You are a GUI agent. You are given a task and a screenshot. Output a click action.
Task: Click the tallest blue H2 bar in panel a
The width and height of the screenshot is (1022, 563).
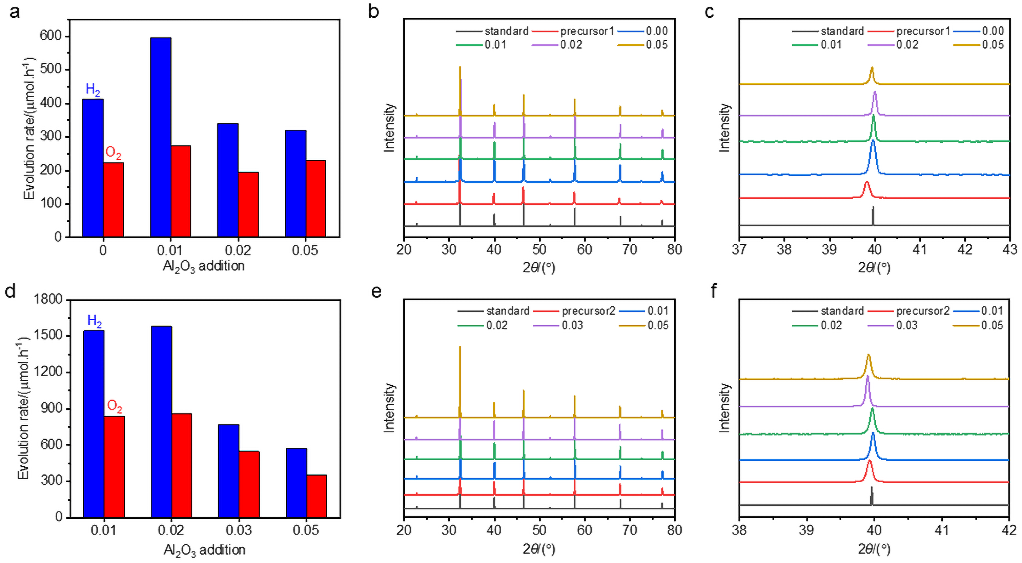pos(161,137)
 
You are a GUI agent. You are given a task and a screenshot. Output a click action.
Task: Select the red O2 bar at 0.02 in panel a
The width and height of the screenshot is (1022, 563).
pos(248,204)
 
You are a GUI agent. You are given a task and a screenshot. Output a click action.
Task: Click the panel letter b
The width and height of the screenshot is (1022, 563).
pos(373,12)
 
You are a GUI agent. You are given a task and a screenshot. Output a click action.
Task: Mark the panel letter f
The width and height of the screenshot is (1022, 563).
pos(714,291)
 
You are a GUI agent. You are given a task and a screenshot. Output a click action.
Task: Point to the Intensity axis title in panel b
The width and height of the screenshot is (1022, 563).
pos(390,128)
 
